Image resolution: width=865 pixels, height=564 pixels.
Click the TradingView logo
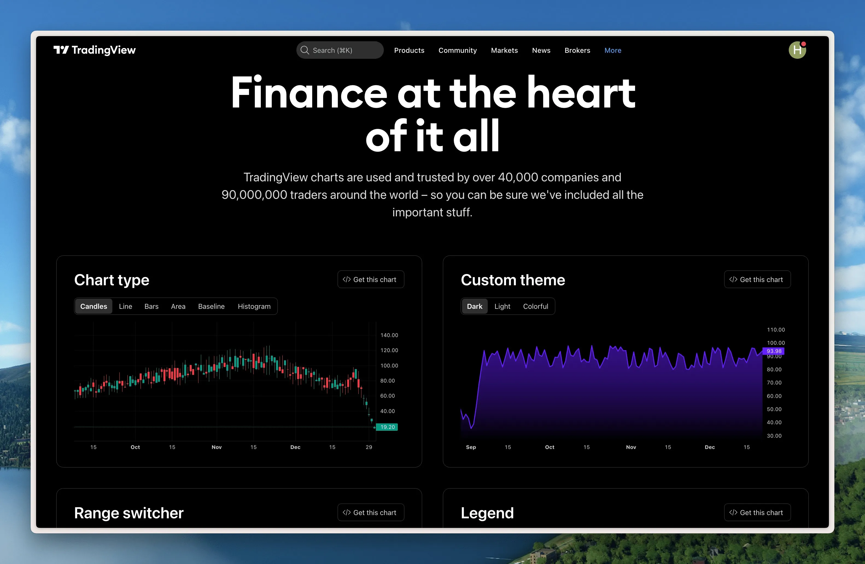coord(95,50)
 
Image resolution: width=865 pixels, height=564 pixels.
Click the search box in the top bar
coord(340,50)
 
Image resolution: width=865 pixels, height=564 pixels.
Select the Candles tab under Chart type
coord(94,306)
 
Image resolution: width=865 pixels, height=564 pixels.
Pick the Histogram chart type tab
coord(254,306)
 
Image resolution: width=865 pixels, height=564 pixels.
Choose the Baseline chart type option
coord(211,306)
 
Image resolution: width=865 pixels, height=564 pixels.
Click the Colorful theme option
coord(535,306)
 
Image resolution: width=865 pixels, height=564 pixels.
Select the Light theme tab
coord(502,306)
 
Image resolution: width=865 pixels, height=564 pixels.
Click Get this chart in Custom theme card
coord(757,279)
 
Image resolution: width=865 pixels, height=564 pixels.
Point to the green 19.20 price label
coord(387,427)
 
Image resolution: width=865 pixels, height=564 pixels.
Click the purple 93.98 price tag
coord(773,351)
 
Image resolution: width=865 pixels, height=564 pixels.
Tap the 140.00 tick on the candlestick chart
coord(389,335)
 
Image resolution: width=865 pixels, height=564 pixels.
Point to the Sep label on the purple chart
coord(471,447)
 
